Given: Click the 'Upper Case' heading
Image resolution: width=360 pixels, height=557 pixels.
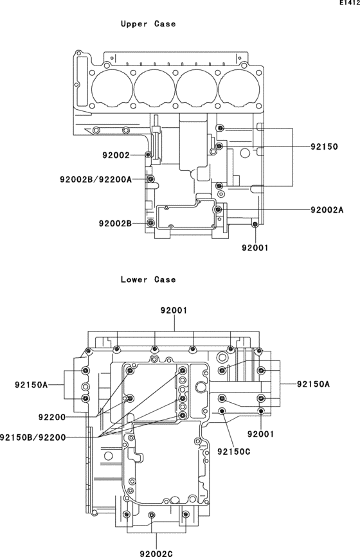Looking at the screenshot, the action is pyautogui.click(x=148, y=24).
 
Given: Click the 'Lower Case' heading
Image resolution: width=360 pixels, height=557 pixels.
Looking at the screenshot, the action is pyautogui.click(x=148, y=279).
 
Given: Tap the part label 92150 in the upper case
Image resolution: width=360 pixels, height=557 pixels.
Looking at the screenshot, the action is pyautogui.click(x=324, y=146).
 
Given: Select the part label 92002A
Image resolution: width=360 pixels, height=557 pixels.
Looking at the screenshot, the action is pyautogui.click(x=327, y=210).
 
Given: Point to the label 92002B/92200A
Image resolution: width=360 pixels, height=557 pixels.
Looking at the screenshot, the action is pyautogui.click(x=96, y=179).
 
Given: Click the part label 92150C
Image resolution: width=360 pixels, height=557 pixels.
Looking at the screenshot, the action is pyautogui.click(x=234, y=452).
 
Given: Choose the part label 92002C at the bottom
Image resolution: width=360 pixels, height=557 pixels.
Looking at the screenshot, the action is pyautogui.click(x=156, y=553).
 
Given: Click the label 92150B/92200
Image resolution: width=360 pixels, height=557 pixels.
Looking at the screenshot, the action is pyautogui.click(x=33, y=438).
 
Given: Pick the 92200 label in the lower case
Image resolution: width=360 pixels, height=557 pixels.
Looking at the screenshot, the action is pyautogui.click(x=52, y=418).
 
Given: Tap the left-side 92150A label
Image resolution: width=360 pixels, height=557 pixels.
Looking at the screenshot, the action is pyautogui.click(x=32, y=385).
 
